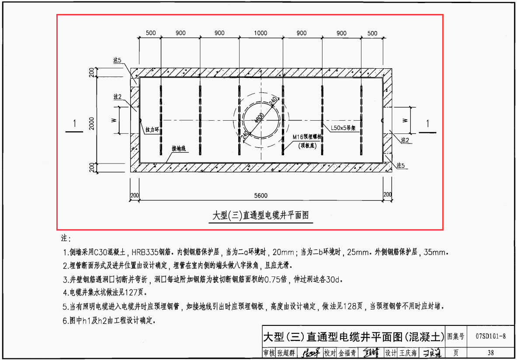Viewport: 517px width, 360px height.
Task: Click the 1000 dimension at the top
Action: click(260, 33)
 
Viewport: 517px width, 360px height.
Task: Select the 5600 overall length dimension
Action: click(261, 196)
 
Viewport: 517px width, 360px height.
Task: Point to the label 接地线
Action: click(179, 149)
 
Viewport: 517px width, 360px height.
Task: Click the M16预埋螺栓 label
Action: click(307, 137)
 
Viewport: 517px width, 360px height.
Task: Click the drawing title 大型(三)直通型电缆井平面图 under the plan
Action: click(261, 216)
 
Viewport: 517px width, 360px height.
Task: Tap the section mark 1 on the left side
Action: click(75, 124)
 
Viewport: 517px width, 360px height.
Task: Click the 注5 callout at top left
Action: click(117, 60)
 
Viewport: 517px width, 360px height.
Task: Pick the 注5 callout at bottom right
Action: click(401, 166)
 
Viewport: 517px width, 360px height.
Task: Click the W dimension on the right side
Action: click(405, 120)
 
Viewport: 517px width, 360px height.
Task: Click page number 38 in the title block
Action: click(491, 353)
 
